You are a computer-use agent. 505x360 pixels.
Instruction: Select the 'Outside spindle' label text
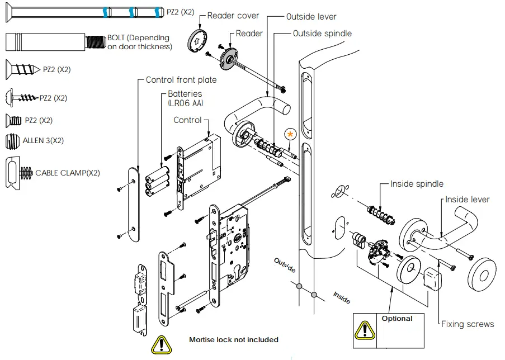click(x=322, y=34)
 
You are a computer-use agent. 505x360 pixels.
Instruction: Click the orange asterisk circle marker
click(x=290, y=134)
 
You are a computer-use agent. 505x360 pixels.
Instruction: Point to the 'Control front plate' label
click(x=181, y=80)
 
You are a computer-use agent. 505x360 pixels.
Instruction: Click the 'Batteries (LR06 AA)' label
click(x=185, y=98)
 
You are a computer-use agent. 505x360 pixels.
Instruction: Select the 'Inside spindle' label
click(x=417, y=184)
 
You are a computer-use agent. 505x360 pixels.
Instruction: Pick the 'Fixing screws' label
click(x=468, y=324)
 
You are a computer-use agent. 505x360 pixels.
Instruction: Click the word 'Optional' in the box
click(x=397, y=319)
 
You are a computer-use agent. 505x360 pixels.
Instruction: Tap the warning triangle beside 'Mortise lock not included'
click(x=161, y=343)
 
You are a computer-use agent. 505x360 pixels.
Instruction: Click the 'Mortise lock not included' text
click(x=233, y=339)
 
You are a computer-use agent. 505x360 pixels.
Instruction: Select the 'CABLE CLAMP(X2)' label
click(x=68, y=173)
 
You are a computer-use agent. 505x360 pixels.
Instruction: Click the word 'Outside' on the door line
click(x=285, y=266)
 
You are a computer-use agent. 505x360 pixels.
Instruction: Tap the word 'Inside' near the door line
click(x=342, y=297)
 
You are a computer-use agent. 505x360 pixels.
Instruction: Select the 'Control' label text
click(x=187, y=120)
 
